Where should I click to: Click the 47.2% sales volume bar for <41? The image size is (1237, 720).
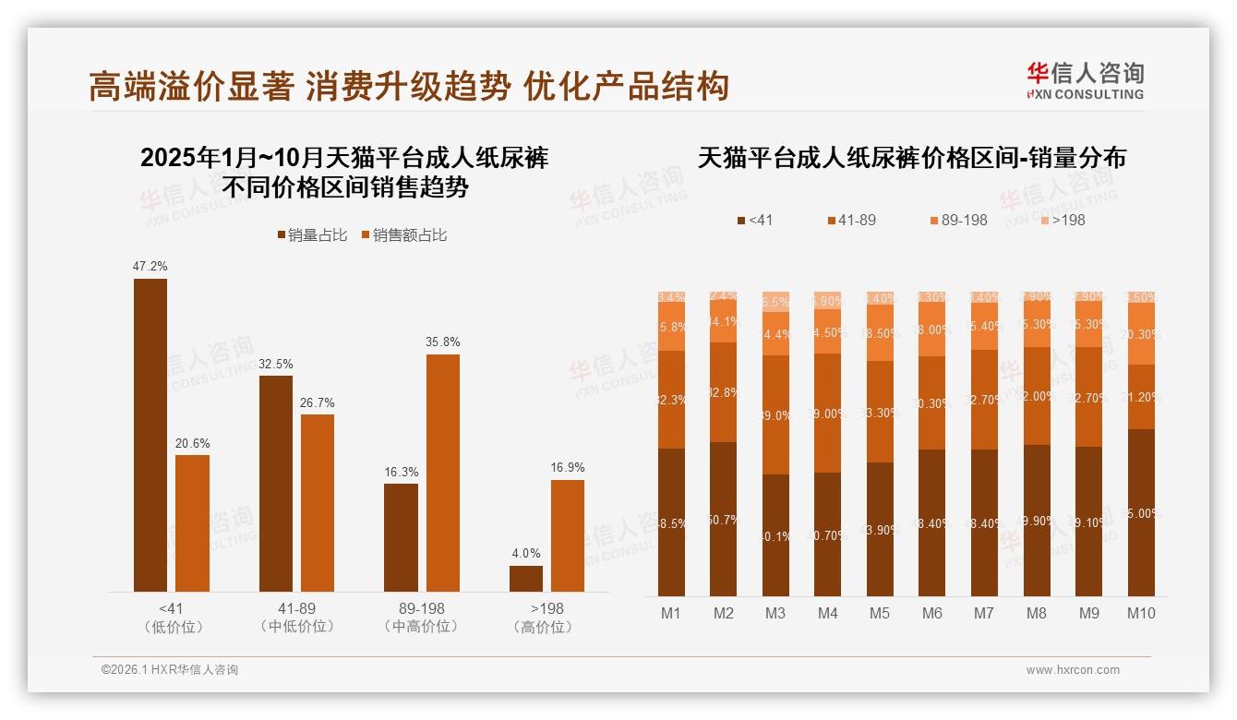point(150,435)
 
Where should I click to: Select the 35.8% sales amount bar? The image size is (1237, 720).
point(443,473)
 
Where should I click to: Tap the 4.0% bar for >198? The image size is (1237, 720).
point(526,579)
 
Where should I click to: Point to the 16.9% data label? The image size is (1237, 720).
point(568,467)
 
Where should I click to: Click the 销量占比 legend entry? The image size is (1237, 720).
point(312,235)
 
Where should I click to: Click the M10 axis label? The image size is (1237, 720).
point(1141,613)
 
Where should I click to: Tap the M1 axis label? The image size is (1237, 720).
point(671,613)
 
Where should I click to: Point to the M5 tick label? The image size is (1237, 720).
point(880,613)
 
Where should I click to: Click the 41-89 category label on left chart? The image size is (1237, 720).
point(296,609)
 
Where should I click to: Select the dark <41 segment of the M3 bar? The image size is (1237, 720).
point(775,535)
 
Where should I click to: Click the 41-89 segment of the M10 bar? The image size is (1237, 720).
point(1141,397)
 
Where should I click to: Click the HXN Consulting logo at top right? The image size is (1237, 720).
point(1085,81)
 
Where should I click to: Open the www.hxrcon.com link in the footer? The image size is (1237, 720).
point(1073,670)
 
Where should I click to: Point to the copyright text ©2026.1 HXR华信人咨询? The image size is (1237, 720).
point(170,670)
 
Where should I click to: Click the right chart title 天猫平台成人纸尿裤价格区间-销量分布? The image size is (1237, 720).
point(911,158)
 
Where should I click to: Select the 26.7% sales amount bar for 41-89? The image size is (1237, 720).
point(318,503)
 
